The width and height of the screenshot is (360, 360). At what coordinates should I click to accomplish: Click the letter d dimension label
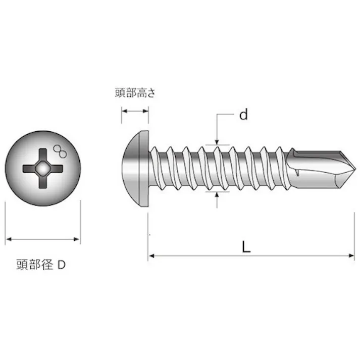[244, 115]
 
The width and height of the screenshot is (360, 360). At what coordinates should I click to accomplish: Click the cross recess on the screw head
[43, 168]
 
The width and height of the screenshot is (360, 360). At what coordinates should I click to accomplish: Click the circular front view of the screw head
[43, 168]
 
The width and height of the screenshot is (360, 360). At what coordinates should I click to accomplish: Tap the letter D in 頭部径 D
[61, 265]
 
